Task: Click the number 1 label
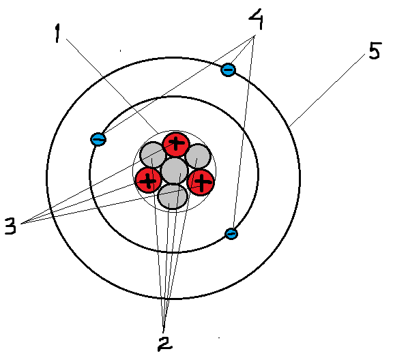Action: (57, 33)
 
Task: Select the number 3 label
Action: (10, 226)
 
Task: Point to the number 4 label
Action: (256, 19)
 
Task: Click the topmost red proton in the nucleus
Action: (176, 144)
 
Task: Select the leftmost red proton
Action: (148, 180)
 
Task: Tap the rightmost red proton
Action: (201, 182)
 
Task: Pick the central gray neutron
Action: (175, 170)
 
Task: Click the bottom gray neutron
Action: (173, 196)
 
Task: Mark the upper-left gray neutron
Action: (153, 155)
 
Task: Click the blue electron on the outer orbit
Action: (228, 70)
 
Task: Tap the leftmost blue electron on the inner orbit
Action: (98, 139)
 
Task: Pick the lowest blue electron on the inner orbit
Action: (231, 234)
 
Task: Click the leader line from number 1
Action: (112, 86)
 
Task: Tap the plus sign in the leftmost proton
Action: (148, 181)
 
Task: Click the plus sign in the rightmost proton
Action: (202, 182)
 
